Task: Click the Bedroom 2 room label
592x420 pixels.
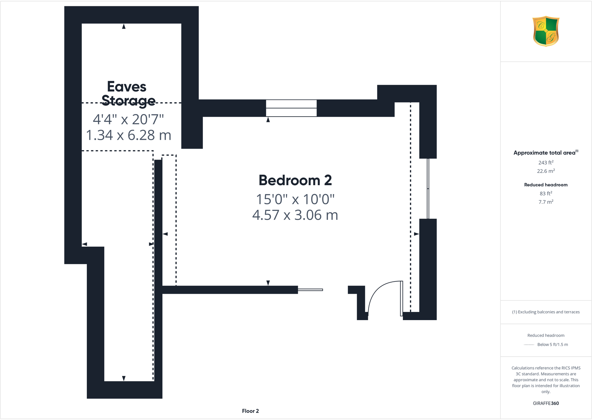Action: [295, 180]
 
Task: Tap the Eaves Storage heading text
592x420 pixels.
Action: [127, 94]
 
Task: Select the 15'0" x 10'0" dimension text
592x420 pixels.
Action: [295, 199]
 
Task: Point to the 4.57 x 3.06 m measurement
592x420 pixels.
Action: [295, 215]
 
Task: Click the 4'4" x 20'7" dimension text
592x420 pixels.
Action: [128, 120]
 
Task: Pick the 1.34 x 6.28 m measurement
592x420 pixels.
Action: [128, 135]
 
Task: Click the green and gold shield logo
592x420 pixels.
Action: [546, 31]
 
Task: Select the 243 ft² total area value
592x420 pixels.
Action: [546, 162]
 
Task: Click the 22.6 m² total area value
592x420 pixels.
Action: [546, 171]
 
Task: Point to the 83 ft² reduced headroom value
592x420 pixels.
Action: [546, 193]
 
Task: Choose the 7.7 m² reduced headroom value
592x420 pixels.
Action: [546, 202]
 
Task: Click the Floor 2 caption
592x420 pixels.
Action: [250, 411]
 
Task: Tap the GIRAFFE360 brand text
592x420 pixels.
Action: [546, 403]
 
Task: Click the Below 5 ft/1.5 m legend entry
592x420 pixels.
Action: [553, 345]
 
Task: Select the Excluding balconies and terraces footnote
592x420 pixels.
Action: [546, 312]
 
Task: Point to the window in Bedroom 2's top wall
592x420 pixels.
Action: [291, 108]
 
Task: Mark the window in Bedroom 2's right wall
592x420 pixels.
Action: [428, 189]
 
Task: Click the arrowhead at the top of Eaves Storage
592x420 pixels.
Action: [124, 26]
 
